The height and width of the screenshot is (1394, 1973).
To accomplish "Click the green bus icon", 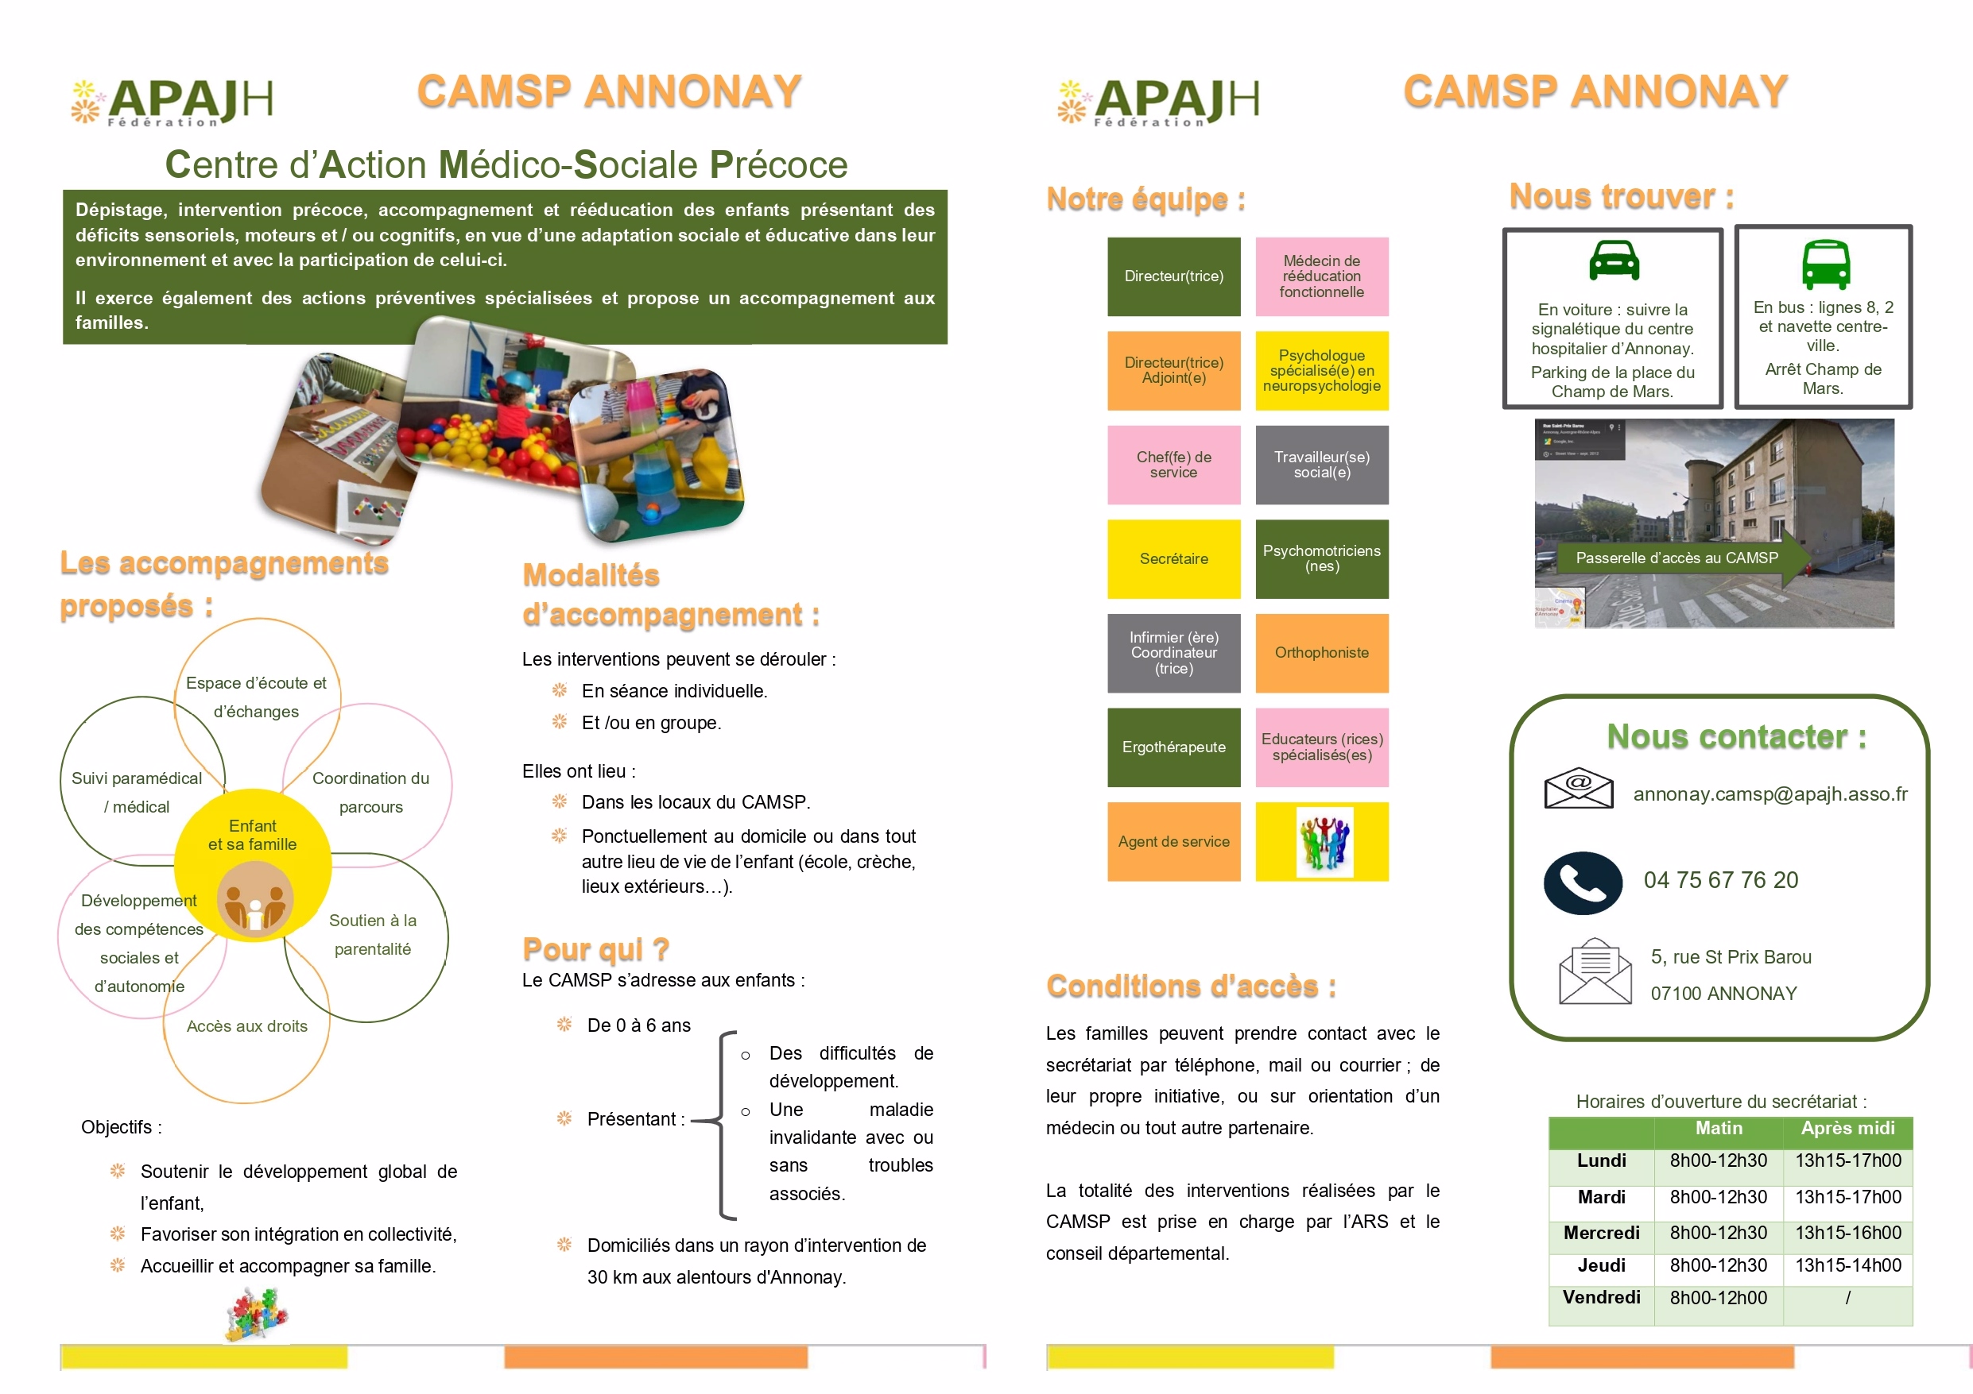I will click(x=1825, y=264).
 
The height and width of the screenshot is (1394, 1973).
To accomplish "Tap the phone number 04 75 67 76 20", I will click(x=1720, y=880).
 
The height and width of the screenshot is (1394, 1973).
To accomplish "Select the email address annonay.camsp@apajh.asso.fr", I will click(x=1769, y=794).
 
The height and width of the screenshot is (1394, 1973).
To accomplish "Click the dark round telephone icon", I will click(x=1583, y=883).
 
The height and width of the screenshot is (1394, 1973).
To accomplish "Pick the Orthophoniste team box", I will click(x=1322, y=653).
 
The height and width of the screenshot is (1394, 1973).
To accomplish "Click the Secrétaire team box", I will click(x=1174, y=559).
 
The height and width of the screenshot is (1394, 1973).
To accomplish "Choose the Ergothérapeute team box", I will click(x=1174, y=747).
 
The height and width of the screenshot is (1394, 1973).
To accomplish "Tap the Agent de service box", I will click(x=1174, y=842).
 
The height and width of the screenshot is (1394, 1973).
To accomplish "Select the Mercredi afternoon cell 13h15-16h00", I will click(x=1847, y=1234).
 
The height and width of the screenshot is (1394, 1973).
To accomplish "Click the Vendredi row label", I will click(x=1601, y=1298).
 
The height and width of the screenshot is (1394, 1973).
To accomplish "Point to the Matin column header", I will click(x=1719, y=1129).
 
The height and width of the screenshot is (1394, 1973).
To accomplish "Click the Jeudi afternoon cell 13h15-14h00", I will click(x=1847, y=1266).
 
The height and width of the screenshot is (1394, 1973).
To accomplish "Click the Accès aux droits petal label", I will click(x=247, y=1026).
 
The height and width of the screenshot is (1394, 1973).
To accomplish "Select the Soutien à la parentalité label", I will click(x=373, y=934).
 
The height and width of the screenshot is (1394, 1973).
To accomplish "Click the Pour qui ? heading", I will click(x=595, y=949).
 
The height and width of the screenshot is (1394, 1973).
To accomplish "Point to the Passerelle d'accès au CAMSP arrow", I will click(x=1677, y=558).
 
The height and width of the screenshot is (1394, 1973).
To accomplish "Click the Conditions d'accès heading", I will click(x=1191, y=986).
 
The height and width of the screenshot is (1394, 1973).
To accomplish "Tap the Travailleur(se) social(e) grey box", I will click(x=1322, y=465).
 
